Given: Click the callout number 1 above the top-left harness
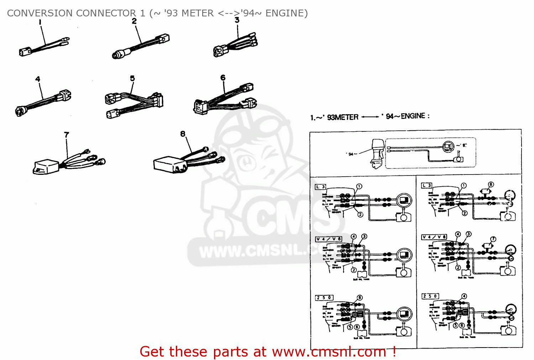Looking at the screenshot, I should click(40, 22).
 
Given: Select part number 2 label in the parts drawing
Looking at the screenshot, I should click(134, 21).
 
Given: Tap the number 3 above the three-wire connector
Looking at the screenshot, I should click(237, 20).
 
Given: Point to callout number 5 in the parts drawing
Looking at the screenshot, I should click(132, 78).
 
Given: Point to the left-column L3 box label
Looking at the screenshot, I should click(320, 187).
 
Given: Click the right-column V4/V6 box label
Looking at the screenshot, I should click(434, 237).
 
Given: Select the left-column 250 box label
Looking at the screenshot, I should click(324, 297).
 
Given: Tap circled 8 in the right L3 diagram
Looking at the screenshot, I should click(491, 184).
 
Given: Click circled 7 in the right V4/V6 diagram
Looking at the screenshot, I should click(493, 239).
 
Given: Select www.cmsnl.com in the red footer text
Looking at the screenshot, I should click(329, 352).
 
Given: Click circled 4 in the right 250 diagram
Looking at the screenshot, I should click(464, 296).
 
